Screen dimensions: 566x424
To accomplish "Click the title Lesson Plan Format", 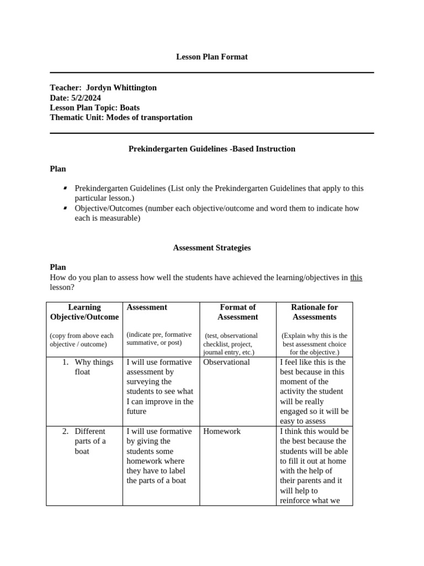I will [x=211, y=57].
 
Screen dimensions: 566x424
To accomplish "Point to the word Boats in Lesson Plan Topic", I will [x=130, y=107].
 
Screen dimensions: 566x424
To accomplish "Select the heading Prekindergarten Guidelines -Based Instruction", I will [x=211, y=149].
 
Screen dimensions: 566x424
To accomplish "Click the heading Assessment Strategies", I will [x=211, y=248].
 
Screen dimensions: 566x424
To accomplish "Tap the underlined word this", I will [x=356, y=277].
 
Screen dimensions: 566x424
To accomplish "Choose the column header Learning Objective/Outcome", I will [x=84, y=312].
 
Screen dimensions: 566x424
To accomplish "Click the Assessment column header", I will [x=147, y=307].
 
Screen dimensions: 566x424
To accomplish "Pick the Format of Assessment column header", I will [x=237, y=312].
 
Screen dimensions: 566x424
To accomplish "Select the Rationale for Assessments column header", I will [x=314, y=312].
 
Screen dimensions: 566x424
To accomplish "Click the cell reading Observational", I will [x=226, y=362].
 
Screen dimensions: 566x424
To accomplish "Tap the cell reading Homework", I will [x=222, y=431].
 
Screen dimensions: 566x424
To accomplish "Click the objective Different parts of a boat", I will [x=90, y=441].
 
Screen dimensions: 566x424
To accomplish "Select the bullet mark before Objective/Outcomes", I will [x=66, y=208].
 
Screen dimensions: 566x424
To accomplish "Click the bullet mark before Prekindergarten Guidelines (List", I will [x=66, y=188].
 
